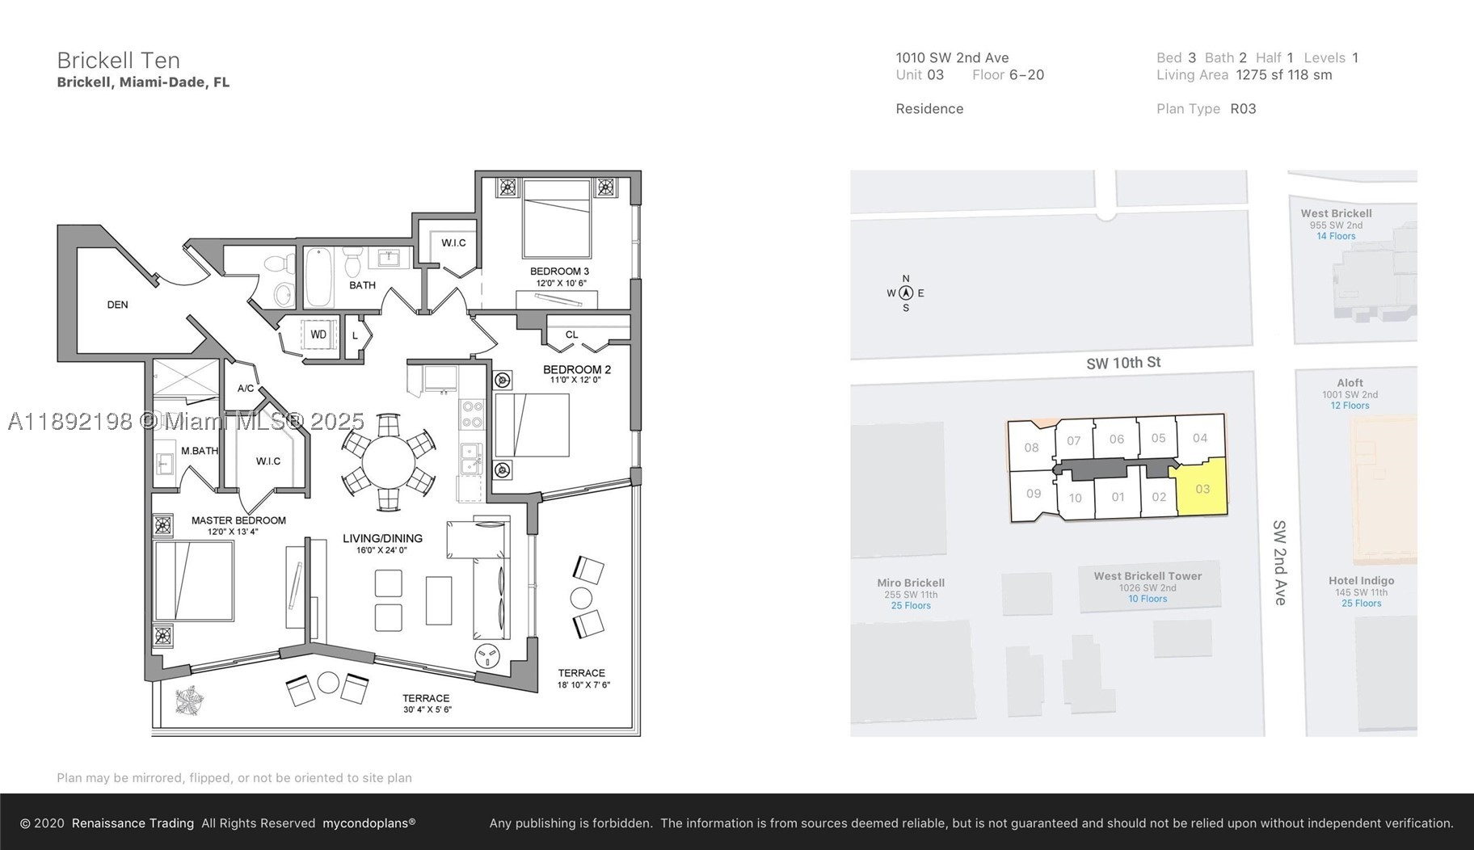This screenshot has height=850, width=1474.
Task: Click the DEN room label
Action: [117, 305]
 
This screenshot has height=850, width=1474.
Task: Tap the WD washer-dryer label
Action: [318, 335]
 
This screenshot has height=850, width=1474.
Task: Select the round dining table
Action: [388, 463]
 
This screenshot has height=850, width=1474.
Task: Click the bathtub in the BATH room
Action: [318, 277]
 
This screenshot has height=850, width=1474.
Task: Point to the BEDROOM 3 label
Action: [559, 271]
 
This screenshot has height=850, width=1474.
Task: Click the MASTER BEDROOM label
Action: [238, 520]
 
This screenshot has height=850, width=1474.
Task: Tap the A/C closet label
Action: [246, 389]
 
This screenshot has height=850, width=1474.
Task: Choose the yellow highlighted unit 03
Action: [1202, 488]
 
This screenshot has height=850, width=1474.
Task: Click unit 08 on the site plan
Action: [1031, 448]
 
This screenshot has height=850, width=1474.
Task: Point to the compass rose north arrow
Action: [906, 293]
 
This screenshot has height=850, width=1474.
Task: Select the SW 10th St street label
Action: [1123, 363]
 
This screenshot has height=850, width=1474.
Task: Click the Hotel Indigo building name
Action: [1361, 580]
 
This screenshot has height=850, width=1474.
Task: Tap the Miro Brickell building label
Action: [911, 583]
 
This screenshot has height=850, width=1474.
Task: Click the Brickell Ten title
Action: [118, 60]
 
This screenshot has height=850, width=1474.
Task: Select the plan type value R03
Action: [1243, 108]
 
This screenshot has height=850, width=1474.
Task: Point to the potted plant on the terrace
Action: [190, 701]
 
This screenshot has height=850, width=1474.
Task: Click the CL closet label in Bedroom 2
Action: [571, 335]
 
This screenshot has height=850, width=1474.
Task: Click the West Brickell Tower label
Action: [1148, 576]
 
